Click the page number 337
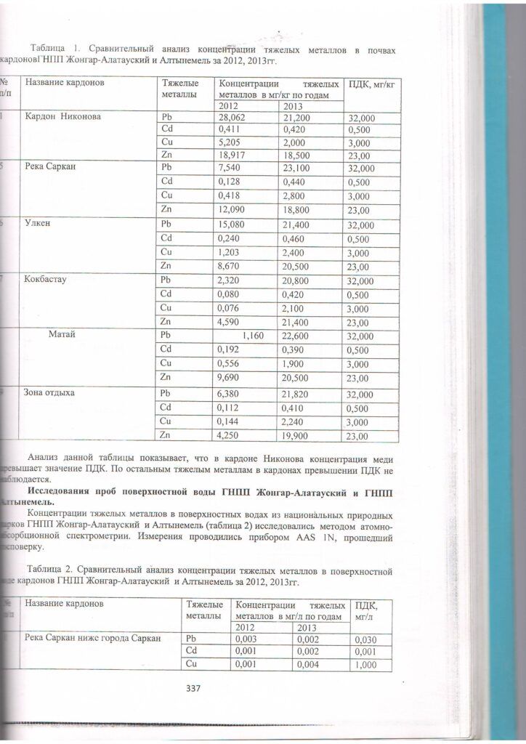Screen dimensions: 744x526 (x=193, y=688)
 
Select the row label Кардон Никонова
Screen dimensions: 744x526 (x=62, y=116)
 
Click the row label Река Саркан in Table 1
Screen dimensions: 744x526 (x=50, y=166)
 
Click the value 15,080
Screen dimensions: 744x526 (x=232, y=224)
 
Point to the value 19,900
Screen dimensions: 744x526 (x=297, y=436)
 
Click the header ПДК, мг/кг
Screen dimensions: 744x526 (x=371, y=85)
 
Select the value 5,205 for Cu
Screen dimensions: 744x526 (x=230, y=143)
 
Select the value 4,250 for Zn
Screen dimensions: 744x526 (x=230, y=436)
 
